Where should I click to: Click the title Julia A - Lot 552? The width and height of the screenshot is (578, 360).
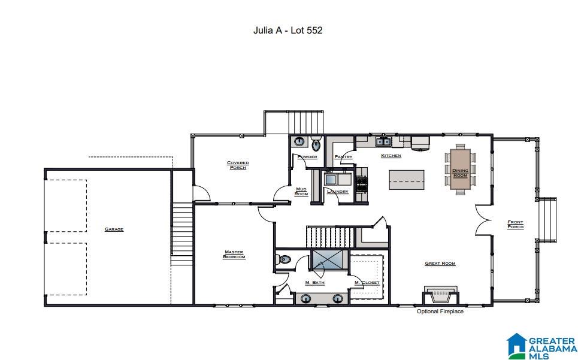point(288,30)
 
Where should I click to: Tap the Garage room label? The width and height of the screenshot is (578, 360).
point(114,229)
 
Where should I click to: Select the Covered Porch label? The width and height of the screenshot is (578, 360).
point(238,165)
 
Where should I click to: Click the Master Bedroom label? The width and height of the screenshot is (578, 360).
point(234,255)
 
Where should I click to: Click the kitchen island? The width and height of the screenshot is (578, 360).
point(407,179)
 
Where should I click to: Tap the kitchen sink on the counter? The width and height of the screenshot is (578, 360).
point(383,142)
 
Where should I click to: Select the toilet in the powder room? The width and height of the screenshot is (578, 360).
point(316,144)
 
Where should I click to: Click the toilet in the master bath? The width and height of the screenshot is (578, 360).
point(285,259)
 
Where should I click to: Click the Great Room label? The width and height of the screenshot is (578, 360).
point(440,264)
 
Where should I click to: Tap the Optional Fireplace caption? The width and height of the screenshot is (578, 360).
point(440,311)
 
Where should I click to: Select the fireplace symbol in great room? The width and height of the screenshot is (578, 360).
point(440,295)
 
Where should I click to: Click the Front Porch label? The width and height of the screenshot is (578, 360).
point(515,224)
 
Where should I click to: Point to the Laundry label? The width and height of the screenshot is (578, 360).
point(338,192)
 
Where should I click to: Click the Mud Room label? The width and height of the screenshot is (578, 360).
point(301,192)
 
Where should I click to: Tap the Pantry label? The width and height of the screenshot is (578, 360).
point(344,157)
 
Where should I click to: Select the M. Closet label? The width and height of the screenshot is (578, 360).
point(367,283)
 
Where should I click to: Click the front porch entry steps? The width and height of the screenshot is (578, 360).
point(547,220)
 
